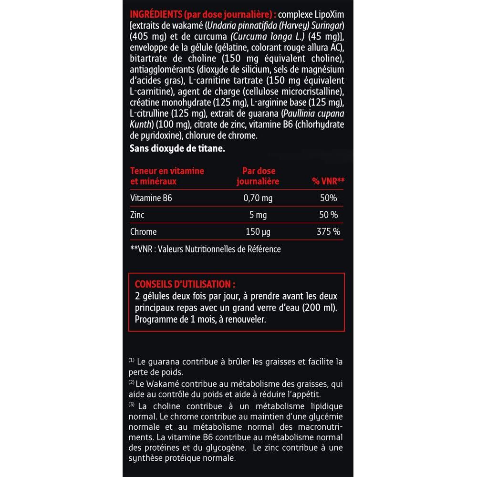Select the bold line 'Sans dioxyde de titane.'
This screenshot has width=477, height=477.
point(177,148)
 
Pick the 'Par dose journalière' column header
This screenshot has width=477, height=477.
point(258,176)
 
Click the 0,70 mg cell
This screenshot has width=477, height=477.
point(258,198)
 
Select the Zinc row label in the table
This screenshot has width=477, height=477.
point(137,215)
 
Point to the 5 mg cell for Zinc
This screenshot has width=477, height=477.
point(258,215)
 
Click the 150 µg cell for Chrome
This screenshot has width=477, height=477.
point(258,232)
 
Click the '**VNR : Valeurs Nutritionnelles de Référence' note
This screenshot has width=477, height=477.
point(205,249)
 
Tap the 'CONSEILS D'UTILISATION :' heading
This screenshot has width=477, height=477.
point(185,284)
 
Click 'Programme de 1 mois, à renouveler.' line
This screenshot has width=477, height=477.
point(200,319)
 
